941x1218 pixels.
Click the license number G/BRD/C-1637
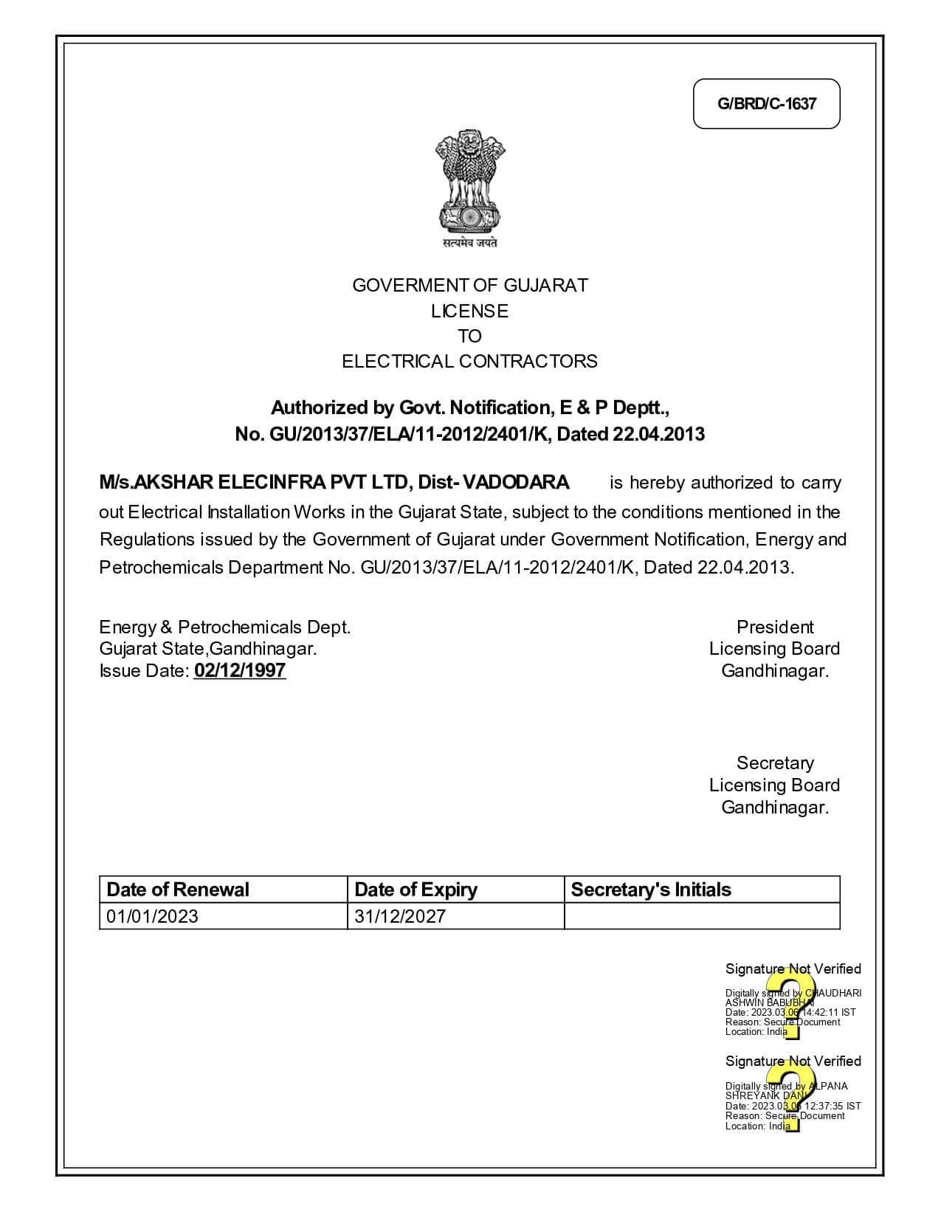(x=766, y=103)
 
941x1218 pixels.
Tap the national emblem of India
(x=470, y=180)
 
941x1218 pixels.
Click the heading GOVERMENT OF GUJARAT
(x=470, y=286)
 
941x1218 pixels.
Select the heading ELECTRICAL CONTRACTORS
(x=470, y=362)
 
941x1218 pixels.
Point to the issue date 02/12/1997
(x=240, y=671)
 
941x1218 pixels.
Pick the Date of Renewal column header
(x=178, y=890)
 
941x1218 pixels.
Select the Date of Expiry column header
(x=416, y=890)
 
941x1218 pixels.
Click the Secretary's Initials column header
(x=651, y=890)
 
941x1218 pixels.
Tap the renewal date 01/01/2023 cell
(x=153, y=917)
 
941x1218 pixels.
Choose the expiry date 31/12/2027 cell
(x=400, y=917)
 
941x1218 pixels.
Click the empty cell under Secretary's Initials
(x=701, y=917)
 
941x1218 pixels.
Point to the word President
(x=775, y=627)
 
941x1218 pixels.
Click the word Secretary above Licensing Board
(x=775, y=763)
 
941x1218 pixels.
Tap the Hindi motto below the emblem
(x=470, y=243)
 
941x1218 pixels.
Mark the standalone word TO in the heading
(x=470, y=337)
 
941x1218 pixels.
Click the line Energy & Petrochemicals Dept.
(x=225, y=627)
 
